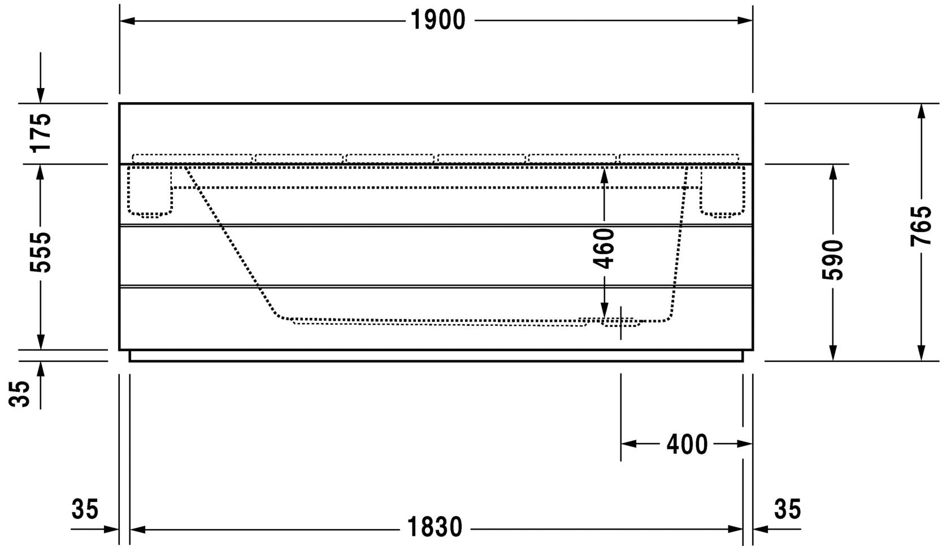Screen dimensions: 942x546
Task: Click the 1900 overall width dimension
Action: click(438, 20)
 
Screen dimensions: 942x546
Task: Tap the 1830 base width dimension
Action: click(435, 527)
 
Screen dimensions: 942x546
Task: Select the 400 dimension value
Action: click(687, 444)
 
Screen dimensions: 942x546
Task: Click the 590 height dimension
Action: click(833, 260)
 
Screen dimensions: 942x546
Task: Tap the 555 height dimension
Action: click(40, 252)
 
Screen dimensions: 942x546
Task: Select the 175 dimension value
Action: click(40, 132)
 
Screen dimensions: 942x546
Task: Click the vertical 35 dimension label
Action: click(19, 394)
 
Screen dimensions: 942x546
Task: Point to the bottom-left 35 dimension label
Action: click(85, 509)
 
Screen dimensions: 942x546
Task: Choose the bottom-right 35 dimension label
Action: click(788, 509)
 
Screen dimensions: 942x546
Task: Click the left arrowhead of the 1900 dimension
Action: click(127, 20)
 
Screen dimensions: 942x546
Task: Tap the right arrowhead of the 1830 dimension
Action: click(735, 529)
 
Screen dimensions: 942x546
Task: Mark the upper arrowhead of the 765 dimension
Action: click(921, 111)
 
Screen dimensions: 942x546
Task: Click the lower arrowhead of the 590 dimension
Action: click(833, 353)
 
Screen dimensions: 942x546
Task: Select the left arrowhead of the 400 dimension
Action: click(629, 443)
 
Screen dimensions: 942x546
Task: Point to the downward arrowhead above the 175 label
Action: click(40, 95)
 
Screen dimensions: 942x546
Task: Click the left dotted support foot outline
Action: click(150, 191)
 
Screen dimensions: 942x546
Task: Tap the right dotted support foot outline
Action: click(723, 191)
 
